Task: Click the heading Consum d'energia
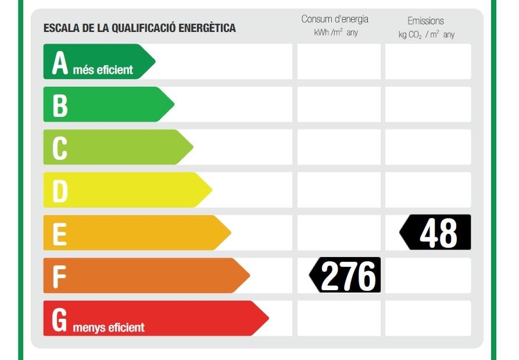click(x=335, y=19)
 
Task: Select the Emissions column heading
click(x=425, y=21)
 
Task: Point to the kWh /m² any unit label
click(x=336, y=33)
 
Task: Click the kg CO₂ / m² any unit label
click(x=427, y=35)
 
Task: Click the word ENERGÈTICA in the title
click(x=206, y=28)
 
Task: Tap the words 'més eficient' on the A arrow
click(x=103, y=70)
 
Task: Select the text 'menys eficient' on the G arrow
click(x=109, y=327)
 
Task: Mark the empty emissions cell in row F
click(x=428, y=275)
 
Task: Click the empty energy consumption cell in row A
click(x=339, y=61)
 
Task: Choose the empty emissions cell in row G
click(x=428, y=318)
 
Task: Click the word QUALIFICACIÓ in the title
click(x=144, y=28)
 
